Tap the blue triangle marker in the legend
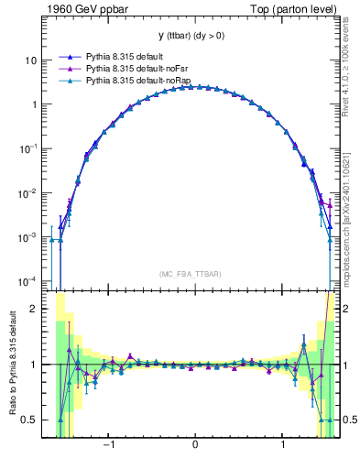click(70, 56)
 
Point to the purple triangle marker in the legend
click(70, 69)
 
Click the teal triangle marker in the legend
click(70, 82)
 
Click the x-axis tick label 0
click(195, 446)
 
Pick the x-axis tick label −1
click(108, 446)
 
